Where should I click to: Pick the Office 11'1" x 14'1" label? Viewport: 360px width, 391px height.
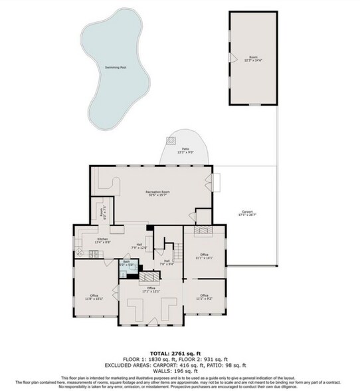[204, 255]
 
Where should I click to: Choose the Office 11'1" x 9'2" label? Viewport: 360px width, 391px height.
[204, 297]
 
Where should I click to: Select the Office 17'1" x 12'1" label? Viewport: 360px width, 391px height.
[151, 289]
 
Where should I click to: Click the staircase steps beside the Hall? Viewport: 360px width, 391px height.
[178, 252]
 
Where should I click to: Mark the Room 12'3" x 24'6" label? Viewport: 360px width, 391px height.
[252, 58]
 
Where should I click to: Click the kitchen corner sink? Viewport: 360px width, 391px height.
[80, 252]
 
